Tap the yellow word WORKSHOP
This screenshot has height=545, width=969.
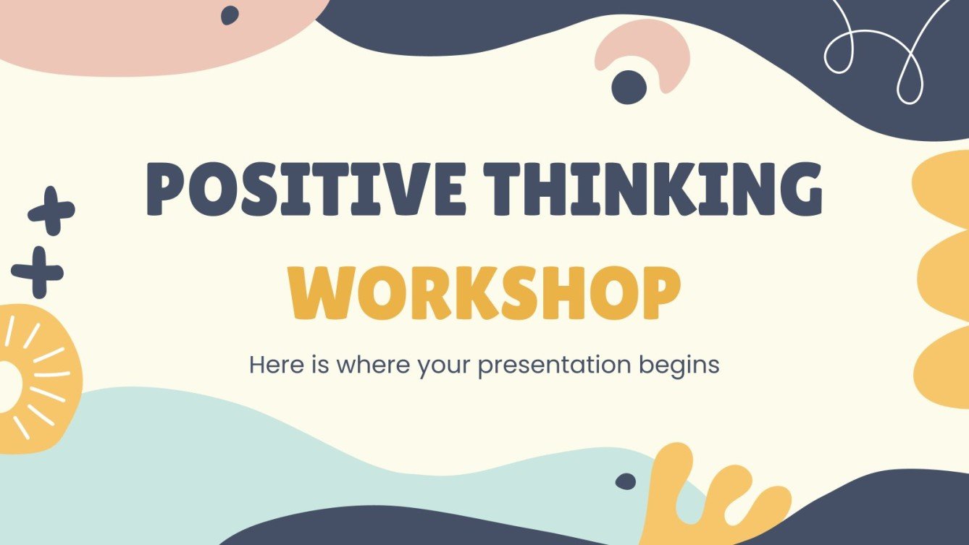click(484, 293)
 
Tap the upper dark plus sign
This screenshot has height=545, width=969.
click(51, 210)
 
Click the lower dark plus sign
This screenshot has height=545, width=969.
click(38, 272)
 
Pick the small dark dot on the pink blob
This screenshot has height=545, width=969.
click(230, 15)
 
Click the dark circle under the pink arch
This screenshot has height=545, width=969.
click(629, 87)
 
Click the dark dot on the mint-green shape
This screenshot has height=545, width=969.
click(625, 481)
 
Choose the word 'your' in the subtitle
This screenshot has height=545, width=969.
click(445, 365)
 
